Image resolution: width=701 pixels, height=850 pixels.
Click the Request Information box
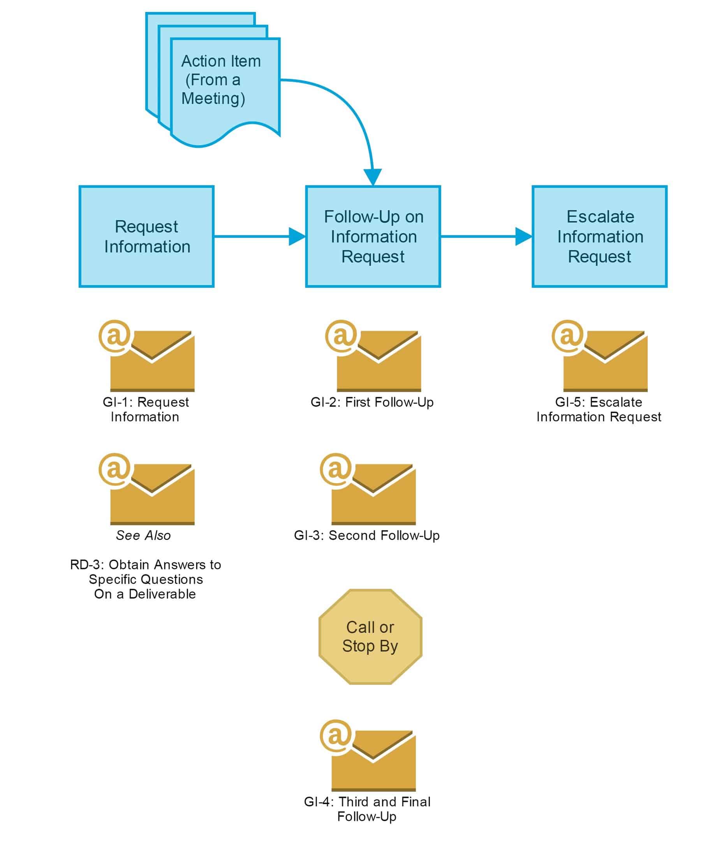(146, 236)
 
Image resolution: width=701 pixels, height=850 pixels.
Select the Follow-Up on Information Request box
(373, 236)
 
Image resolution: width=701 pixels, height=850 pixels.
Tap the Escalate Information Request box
(599, 236)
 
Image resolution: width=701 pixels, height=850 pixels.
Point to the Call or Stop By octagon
(370, 637)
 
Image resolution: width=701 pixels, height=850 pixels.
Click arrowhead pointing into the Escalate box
(523, 237)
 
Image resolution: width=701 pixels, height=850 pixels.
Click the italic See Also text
(143, 535)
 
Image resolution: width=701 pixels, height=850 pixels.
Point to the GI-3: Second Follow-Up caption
(366, 535)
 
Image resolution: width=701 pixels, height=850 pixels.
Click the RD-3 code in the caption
(84, 565)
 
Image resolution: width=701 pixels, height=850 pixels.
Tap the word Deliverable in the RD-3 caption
(162, 594)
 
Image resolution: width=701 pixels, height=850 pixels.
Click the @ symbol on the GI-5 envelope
(567, 336)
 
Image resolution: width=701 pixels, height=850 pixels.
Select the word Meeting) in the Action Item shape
(213, 99)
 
